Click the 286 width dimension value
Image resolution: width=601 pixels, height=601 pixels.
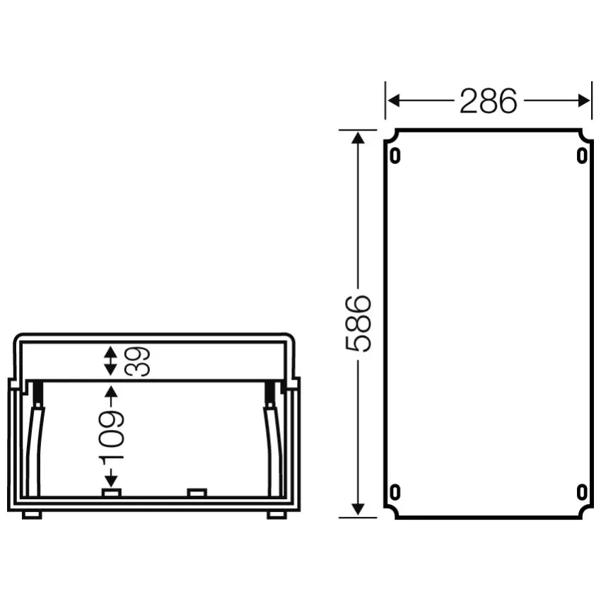click(x=489, y=101)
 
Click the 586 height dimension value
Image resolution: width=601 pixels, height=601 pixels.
click(x=358, y=324)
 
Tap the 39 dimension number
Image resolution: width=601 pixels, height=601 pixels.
click(x=137, y=361)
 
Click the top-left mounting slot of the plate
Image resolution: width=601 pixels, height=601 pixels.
click(x=395, y=156)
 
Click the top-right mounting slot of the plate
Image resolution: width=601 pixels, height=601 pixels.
click(x=582, y=156)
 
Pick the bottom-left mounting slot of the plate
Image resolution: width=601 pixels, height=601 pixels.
click(x=395, y=492)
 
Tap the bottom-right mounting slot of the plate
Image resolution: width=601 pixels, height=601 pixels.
click(x=582, y=492)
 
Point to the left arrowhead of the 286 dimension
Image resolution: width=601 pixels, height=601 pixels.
click(x=393, y=101)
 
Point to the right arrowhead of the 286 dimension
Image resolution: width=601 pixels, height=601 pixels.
click(x=584, y=101)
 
